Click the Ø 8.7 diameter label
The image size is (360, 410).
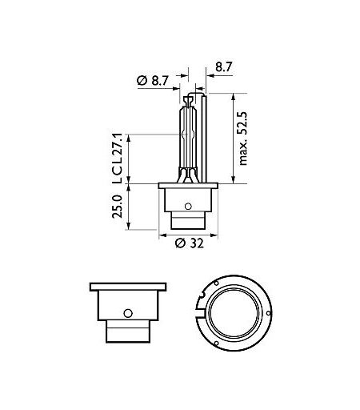pos(153,80)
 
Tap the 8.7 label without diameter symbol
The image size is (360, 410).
pos(224,67)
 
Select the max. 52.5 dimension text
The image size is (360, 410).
pos(243,139)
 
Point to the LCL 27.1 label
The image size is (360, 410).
pos(117,159)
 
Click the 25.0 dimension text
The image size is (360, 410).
pos(117,207)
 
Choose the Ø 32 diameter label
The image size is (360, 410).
pos(190,243)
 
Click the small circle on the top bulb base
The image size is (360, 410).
pos(188,206)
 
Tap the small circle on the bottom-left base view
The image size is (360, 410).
pos(128,313)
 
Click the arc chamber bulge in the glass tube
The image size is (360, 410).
pos(188,135)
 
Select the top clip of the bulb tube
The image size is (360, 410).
pos(188,102)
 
